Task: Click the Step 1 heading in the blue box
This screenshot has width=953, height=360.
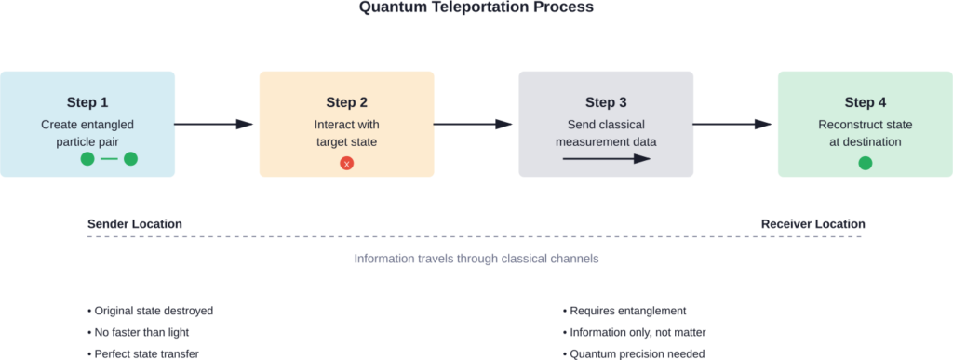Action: tap(87, 102)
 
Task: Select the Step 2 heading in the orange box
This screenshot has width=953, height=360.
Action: tap(346, 102)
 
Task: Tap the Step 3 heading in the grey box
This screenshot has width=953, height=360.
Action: tap(606, 102)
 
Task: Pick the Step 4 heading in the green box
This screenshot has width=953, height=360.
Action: tap(865, 102)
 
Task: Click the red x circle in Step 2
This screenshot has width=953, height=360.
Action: tap(346, 164)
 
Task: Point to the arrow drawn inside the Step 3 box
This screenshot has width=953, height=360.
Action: tap(606, 159)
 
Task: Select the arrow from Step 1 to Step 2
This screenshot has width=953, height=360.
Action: tap(215, 124)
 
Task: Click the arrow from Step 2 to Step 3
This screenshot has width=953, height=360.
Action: tap(475, 124)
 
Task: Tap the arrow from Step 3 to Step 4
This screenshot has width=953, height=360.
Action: tap(734, 124)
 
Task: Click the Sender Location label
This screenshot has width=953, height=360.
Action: tap(134, 224)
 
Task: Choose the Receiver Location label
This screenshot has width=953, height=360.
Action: tap(812, 224)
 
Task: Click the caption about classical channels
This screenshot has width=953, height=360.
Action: tap(476, 259)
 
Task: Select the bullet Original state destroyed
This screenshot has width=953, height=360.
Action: tap(143, 310)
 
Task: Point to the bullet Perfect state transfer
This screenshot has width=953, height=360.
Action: tap(143, 353)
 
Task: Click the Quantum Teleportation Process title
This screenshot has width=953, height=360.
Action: tap(476, 7)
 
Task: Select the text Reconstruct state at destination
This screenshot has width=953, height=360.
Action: tap(865, 133)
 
